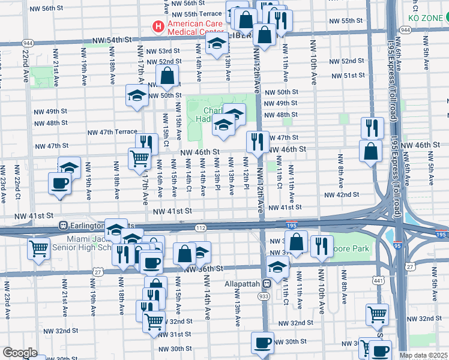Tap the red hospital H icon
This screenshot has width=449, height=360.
click(158, 26)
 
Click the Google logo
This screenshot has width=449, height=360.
click(20, 353)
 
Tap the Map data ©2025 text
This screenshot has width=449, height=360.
click(423, 355)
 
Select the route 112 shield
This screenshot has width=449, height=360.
click(200, 227)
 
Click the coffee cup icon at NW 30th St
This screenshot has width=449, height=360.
click(262, 343)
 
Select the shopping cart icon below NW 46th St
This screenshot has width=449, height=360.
click(139, 158)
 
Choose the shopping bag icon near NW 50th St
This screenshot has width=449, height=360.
click(167, 76)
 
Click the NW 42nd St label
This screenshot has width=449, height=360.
click(342, 194)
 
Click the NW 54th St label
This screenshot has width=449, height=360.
click(112, 40)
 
